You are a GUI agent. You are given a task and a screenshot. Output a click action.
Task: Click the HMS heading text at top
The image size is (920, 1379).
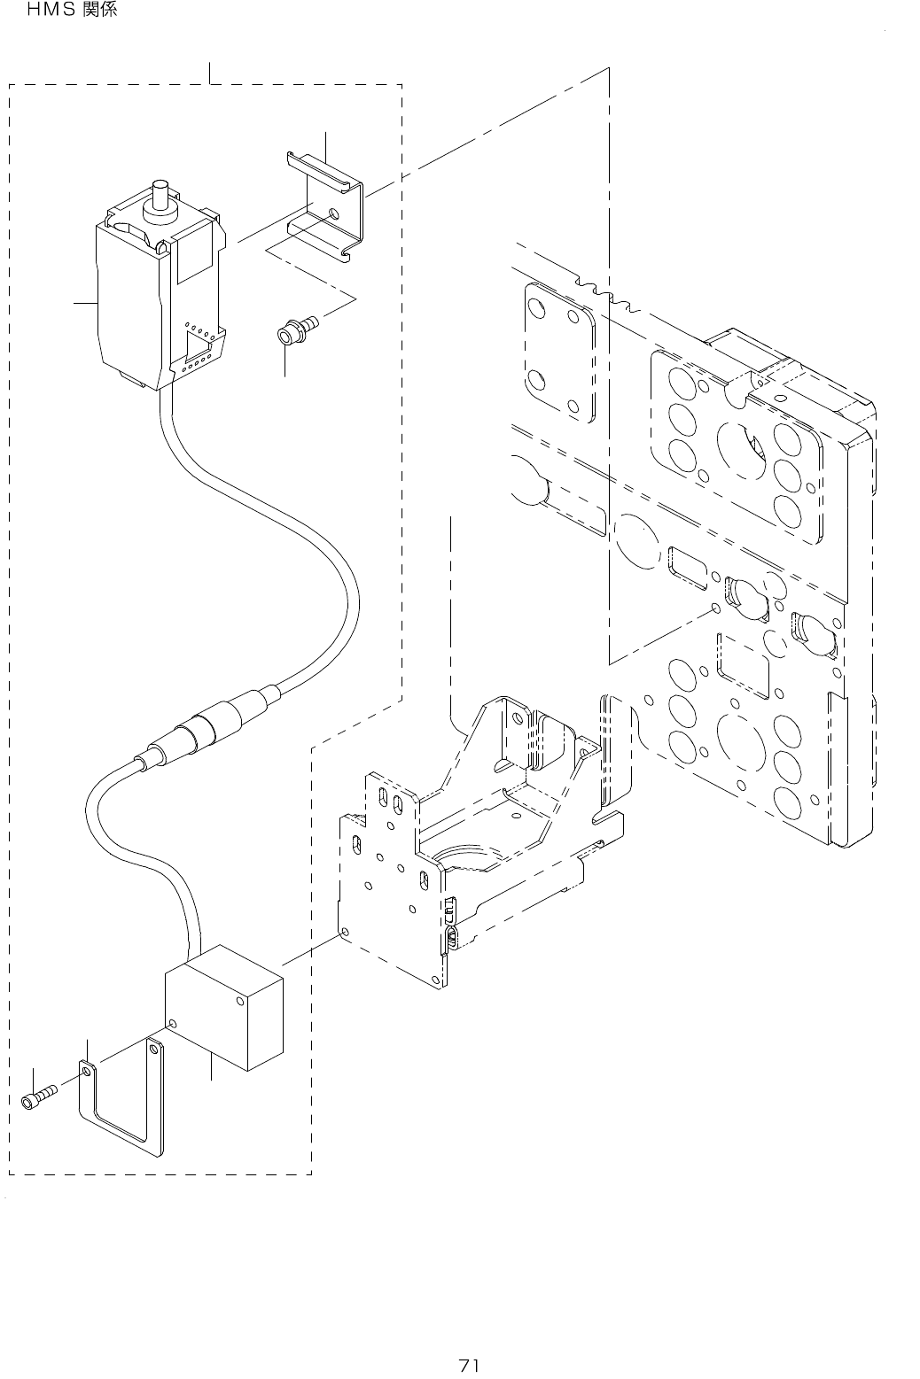point(72,12)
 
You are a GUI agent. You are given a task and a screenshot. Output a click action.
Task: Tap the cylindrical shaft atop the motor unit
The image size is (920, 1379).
point(160,196)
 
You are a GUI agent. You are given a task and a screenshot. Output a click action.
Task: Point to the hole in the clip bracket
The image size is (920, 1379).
point(332,213)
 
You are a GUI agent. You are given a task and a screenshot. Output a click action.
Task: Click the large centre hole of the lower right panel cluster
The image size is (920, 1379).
point(741,743)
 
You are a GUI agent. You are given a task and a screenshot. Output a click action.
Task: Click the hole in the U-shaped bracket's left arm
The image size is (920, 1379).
point(86,1073)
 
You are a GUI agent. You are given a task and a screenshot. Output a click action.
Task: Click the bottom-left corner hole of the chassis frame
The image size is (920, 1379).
point(344,933)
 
